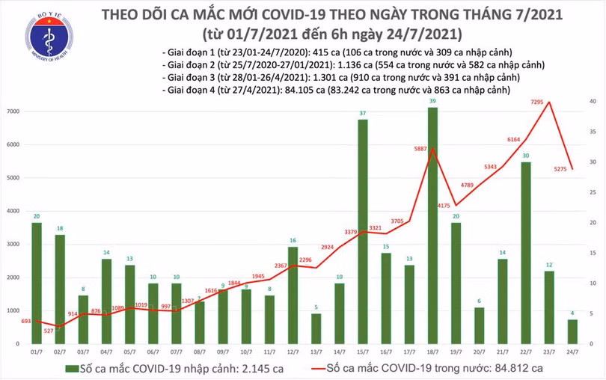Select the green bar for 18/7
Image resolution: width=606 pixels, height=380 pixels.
(432, 224)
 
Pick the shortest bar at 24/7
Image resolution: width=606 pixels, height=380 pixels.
(572, 331)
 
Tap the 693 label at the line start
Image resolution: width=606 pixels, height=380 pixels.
(27, 320)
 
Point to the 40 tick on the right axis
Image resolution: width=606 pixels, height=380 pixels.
(593, 102)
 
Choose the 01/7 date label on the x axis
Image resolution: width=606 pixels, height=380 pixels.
(37, 351)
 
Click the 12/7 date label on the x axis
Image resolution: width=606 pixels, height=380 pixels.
(293, 351)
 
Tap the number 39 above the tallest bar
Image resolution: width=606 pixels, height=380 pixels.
(432, 100)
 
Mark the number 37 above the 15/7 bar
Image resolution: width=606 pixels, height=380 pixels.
(363, 113)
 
